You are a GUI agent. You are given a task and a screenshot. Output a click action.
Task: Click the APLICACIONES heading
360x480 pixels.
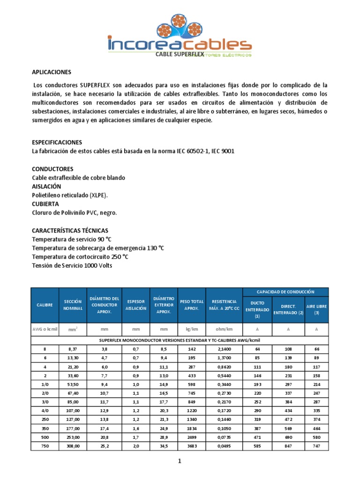51,72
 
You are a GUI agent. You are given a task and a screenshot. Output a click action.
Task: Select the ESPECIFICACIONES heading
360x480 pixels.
57,142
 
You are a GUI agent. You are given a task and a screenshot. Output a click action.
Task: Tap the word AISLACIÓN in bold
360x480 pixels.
46,186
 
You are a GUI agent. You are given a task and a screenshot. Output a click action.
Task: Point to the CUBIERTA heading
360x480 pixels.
45,204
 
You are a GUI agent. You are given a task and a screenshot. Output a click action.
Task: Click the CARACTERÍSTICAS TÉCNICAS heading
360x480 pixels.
70,231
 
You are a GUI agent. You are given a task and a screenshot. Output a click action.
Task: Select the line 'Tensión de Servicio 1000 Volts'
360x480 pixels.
72,265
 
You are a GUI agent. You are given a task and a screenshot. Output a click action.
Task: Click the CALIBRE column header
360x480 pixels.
45,305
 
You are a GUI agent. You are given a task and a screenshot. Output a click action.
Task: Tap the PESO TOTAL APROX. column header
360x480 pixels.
191,305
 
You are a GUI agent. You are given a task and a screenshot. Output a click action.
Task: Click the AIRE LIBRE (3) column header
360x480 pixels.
316,309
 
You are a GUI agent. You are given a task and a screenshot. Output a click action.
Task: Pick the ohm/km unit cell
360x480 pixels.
224,330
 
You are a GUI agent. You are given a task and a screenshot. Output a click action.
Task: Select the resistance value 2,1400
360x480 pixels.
224,349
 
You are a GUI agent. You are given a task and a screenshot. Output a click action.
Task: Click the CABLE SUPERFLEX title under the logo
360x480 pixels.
180,54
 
